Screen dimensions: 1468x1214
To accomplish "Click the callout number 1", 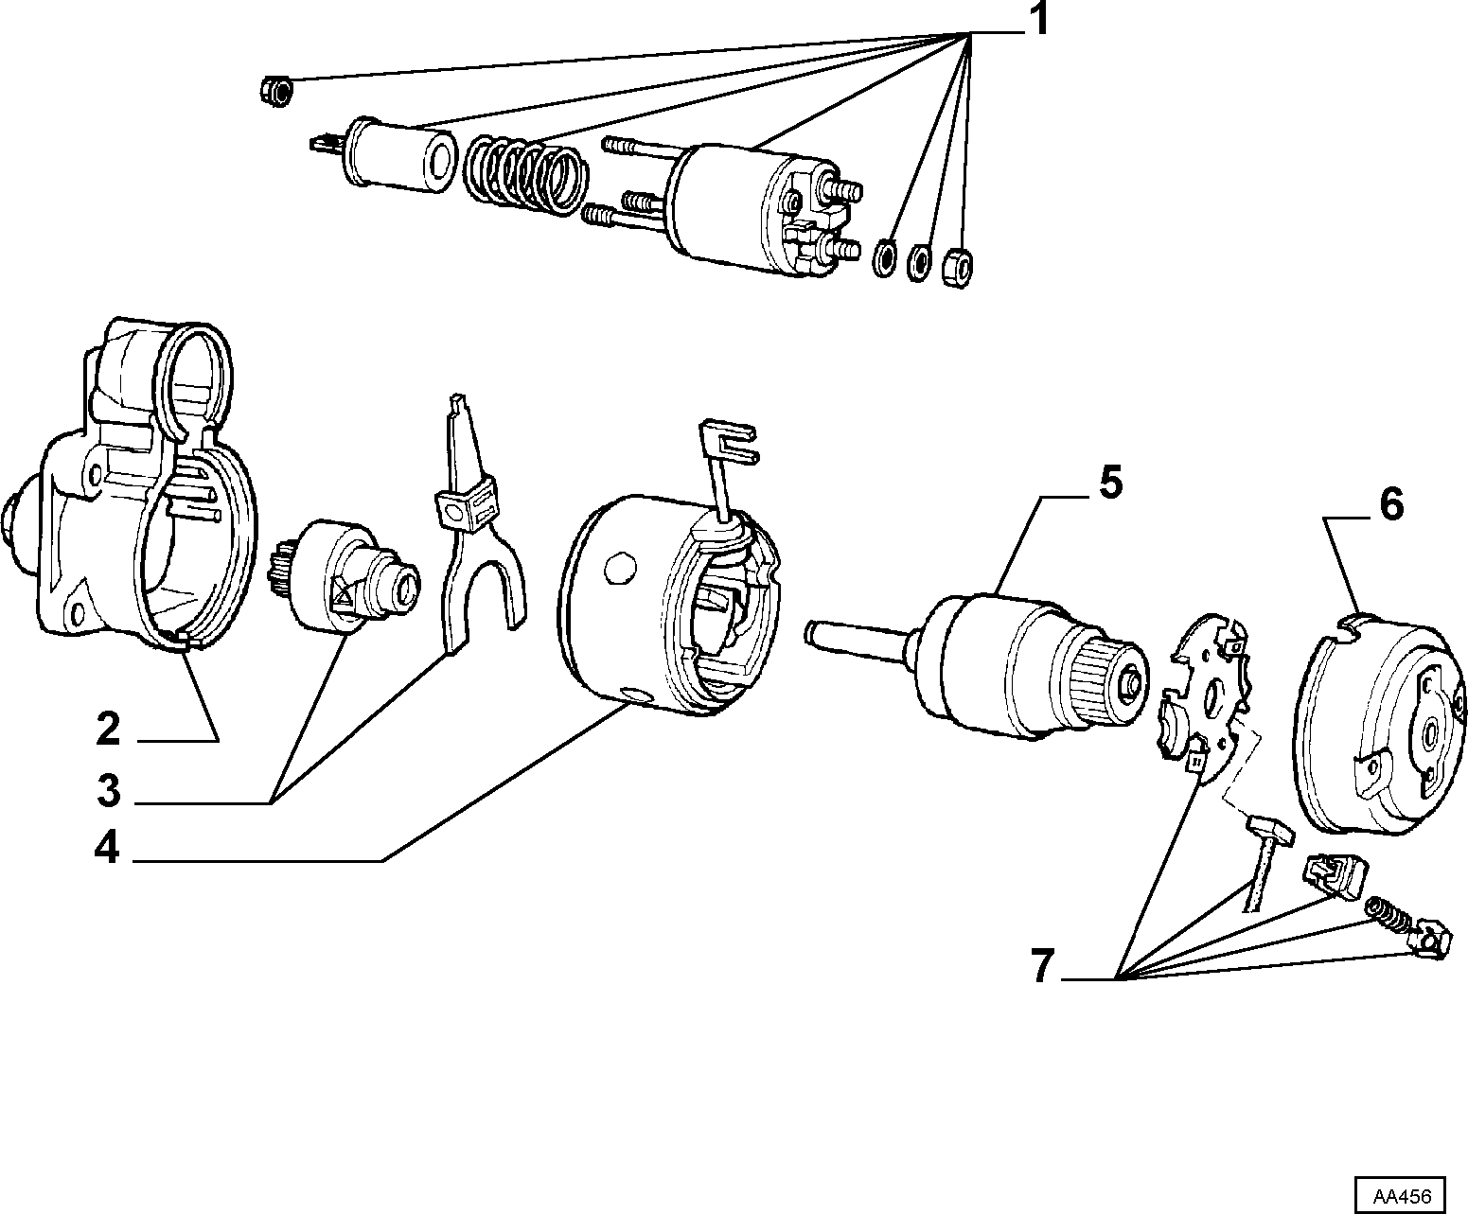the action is point(1038,19).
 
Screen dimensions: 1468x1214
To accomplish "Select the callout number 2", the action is point(108,729).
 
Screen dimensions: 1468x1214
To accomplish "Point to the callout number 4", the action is point(107,849).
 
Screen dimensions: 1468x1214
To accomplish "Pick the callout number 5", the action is point(1111,483).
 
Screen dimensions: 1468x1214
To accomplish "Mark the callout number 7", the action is point(1043,965).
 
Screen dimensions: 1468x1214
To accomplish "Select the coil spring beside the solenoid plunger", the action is point(526,174).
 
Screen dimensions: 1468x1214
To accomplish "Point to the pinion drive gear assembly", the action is point(345,572).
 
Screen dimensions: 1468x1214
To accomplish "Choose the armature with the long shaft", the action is point(978,668).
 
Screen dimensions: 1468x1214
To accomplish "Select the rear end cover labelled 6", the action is point(1378,724).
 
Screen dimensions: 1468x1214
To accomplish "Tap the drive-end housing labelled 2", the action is point(133,485).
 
